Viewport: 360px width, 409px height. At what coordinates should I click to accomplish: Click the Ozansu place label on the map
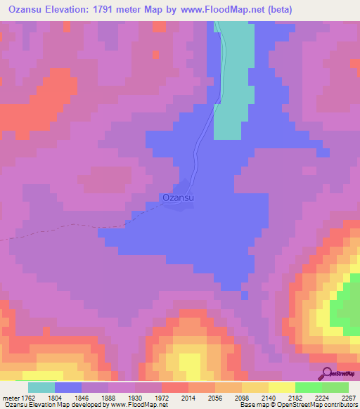178,198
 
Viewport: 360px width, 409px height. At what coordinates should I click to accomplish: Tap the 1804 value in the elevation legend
73,397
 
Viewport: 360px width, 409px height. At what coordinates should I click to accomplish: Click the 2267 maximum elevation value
349,397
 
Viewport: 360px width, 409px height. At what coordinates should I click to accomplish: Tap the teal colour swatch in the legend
41,387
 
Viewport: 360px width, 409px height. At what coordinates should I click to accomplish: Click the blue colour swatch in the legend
68,387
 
